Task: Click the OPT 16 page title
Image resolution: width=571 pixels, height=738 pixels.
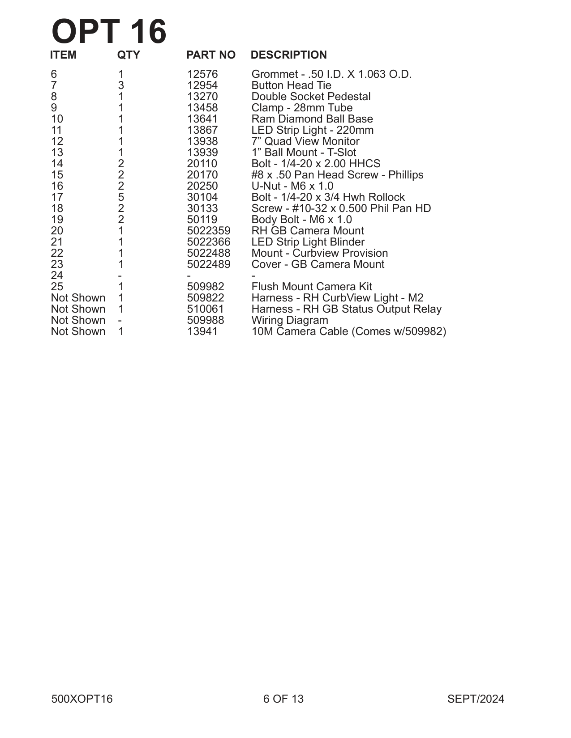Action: pyautogui.click(x=109, y=32)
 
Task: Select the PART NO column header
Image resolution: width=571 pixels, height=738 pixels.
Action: pyautogui.click(x=210, y=55)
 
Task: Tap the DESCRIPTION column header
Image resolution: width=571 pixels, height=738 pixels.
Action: pyautogui.click(x=288, y=55)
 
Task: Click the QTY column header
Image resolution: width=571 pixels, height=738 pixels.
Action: pyautogui.click(x=129, y=55)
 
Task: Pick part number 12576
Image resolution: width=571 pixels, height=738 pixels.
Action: pyautogui.click(x=202, y=74)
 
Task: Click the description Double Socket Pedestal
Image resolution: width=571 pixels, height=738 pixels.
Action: pyautogui.click(x=311, y=97)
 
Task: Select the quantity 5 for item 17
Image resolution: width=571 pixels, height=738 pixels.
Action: pyautogui.click(x=121, y=197)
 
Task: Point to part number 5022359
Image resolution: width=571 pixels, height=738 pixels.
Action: pyautogui.click(x=208, y=231)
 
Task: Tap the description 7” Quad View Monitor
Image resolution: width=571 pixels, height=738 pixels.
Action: pyautogui.click(x=305, y=141)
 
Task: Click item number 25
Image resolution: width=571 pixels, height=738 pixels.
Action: pyautogui.click(x=57, y=287)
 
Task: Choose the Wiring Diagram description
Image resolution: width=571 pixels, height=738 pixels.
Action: pyautogui.click(x=289, y=320)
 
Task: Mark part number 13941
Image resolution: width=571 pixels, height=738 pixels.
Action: pyautogui.click(x=202, y=331)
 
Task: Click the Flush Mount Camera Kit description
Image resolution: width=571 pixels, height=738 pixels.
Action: pyautogui.click(x=311, y=287)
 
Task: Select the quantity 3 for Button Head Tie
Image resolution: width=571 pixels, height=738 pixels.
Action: pyautogui.click(x=121, y=85)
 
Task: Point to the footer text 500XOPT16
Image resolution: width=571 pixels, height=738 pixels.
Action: pyautogui.click(x=82, y=699)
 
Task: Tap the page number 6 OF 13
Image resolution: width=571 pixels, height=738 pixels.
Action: pyautogui.click(x=283, y=699)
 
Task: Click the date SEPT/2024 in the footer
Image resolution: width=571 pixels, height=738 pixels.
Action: pyautogui.click(x=475, y=699)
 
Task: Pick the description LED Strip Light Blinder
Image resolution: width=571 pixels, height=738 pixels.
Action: pyautogui.click(x=308, y=242)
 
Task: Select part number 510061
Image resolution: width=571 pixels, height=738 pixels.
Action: pyautogui.click(x=205, y=309)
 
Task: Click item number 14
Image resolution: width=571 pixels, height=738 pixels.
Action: pyautogui.click(x=57, y=164)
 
